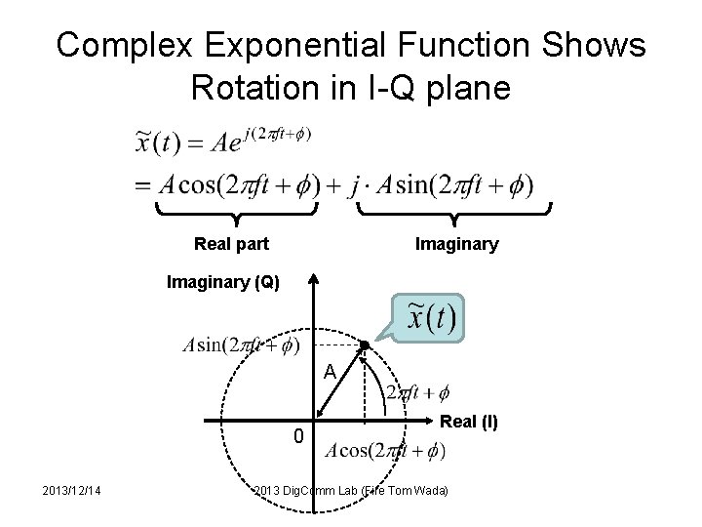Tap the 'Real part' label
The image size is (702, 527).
coord(232,244)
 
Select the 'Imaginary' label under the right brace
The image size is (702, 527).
coord(456,244)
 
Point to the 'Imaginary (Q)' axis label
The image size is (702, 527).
coord(223,284)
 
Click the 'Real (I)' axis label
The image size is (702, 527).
coord(469,422)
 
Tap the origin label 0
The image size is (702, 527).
coord(299,435)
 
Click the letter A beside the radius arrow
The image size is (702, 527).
coord(331,372)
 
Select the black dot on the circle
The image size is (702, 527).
coord(364,345)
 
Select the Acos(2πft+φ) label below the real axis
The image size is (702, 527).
coord(386,451)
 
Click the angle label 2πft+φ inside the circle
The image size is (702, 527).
coord(417,392)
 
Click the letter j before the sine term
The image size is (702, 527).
coord(355,184)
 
